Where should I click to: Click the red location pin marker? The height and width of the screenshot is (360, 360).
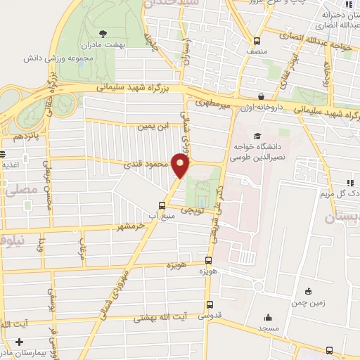(181, 166)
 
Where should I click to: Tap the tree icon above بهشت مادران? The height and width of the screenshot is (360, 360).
(104, 32)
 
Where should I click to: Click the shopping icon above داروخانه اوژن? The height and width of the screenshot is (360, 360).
(261, 96)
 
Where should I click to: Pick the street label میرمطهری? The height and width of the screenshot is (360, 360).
(214, 105)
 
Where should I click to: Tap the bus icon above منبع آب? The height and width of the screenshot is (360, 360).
(162, 205)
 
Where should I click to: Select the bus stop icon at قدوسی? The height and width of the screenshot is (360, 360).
(209, 304)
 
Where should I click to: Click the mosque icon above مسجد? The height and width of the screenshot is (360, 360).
(268, 317)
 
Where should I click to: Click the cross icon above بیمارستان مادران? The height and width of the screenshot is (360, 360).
(19, 341)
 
